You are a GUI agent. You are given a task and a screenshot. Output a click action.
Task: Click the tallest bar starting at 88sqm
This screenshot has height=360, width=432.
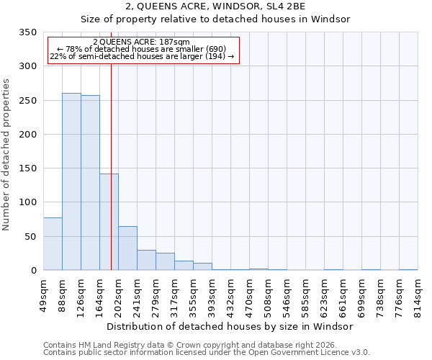click(x=71, y=181)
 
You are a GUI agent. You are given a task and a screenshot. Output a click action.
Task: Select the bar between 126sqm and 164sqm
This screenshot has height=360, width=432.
click(x=90, y=183)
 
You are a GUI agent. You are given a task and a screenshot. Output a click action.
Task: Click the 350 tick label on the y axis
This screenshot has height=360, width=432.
click(x=27, y=32)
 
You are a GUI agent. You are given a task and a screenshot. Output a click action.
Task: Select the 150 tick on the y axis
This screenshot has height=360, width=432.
click(x=27, y=168)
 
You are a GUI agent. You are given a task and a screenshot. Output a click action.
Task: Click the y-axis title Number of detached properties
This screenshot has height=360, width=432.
click(x=6, y=155)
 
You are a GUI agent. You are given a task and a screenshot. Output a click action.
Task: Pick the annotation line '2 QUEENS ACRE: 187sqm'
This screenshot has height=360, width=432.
click(x=141, y=42)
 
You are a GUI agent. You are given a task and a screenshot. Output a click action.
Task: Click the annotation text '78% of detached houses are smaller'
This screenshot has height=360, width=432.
click(x=141, y=49)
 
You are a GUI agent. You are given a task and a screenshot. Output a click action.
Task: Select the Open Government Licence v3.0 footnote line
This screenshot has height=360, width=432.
click(x=207, y=352)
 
